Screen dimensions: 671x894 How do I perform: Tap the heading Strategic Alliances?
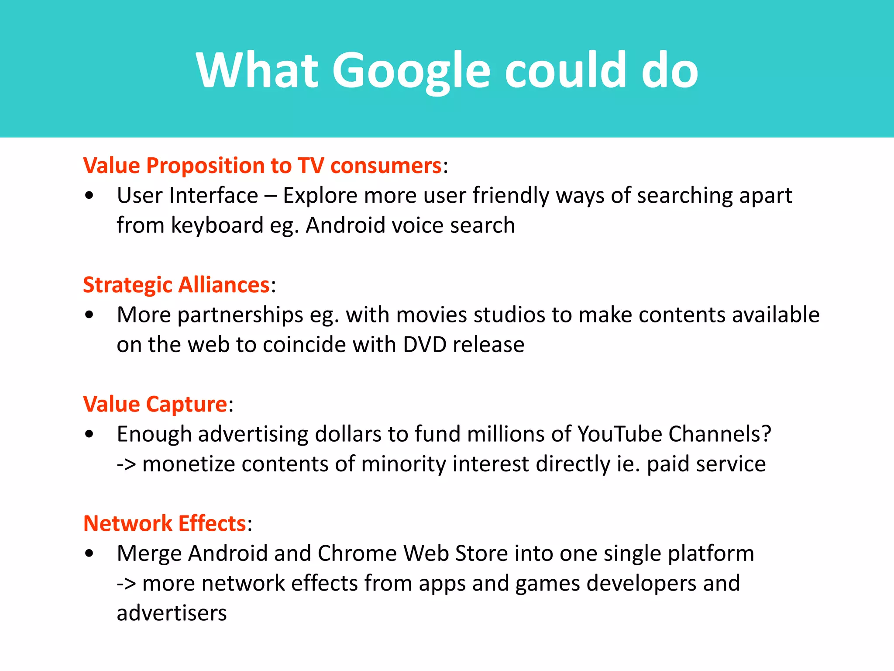pos(176,285)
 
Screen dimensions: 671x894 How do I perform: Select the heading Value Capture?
pos(155,404)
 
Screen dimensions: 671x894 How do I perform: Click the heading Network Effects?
pos(165,523)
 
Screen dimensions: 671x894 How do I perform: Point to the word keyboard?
pos(217,225)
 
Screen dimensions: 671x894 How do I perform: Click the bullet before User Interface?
pos(89,196)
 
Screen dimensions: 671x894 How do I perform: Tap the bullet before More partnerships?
pos(89,315)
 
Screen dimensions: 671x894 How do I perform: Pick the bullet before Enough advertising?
pos(89,434)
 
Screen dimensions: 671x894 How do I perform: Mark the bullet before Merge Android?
pos(89,553)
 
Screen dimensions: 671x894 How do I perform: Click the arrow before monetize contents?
pos(126,464)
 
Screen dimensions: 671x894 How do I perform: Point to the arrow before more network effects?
pos(126,584)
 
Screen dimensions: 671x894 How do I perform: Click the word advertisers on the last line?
pos(172,613)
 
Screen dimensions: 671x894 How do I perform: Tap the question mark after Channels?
pos(766,434)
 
